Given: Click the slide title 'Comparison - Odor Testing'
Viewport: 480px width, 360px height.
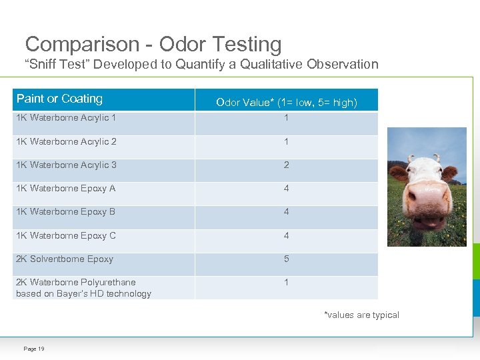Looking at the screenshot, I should pos(153,45).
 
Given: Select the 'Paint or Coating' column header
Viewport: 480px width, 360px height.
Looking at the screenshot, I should pos(59,99).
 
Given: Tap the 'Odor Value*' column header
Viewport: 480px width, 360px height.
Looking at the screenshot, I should pos(286,103).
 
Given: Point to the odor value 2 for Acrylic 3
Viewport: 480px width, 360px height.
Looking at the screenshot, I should pos(286,165).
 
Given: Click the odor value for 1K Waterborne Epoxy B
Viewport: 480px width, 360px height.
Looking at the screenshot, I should pos(286,212).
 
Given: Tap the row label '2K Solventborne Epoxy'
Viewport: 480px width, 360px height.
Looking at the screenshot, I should pos(65,259).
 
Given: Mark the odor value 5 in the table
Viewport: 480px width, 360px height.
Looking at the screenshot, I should pos(286,259).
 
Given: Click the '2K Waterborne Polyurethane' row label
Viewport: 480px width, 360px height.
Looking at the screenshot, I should pos(75,282).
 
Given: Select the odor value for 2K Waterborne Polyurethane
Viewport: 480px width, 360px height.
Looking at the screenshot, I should pos(286,282).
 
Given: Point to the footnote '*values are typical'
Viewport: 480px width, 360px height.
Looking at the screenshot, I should pos(361,315).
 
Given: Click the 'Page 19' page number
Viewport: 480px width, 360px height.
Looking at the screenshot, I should pos(34,349).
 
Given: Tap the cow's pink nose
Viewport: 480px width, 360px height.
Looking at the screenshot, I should pos(427,200).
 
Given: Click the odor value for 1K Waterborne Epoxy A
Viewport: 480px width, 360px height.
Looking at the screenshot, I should pos(286,188).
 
